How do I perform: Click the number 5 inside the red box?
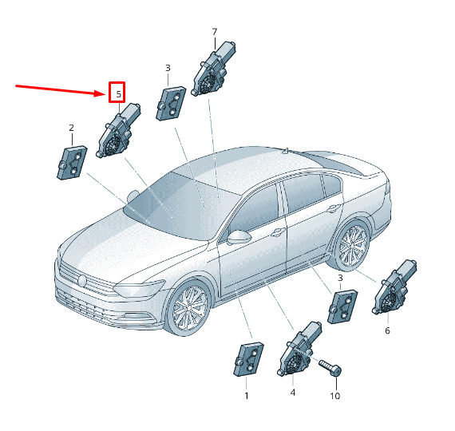(118, 94)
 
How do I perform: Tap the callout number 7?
(215, 31)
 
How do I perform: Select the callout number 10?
(335, 396)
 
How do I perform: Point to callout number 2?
(71, 128)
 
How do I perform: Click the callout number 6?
(387, 330)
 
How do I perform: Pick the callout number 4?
(293, 393)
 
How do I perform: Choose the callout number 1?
(247, 396)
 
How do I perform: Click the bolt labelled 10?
(330, 367)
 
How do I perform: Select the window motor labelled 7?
(214, 69)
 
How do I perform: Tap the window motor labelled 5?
(118, 130)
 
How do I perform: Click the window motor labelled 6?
(394, 287)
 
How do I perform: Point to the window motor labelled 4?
(299, 349)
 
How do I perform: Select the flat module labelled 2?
(72, 163)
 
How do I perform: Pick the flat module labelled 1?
(248, 359)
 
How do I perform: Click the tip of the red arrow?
(104, 93)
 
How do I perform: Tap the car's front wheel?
(190, 307)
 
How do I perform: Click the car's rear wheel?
(353, 244)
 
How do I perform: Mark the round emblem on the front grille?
(82, 281)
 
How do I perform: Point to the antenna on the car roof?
(287, 151)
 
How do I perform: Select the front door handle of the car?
(278, 231)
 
